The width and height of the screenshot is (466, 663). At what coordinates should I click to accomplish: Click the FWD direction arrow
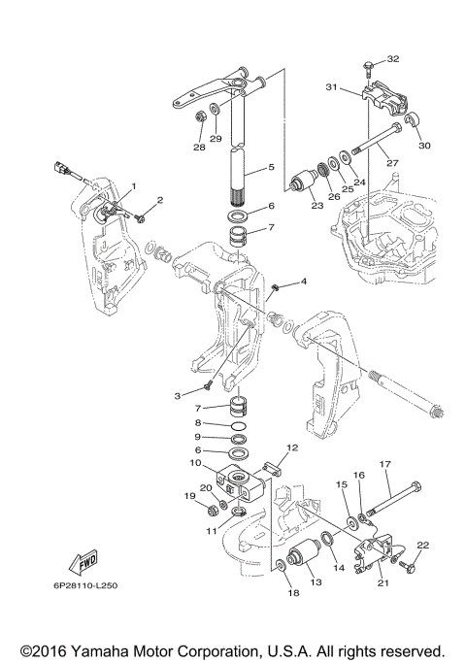(83, 562)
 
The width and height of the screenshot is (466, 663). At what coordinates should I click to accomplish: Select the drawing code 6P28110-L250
(85, 586)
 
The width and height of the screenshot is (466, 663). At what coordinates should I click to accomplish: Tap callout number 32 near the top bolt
(393, 59)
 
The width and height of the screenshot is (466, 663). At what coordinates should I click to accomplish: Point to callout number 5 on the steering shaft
(271, 167)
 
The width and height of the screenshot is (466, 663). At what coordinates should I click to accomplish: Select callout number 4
(304, 282)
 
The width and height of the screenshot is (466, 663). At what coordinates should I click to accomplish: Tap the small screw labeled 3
(208, 386)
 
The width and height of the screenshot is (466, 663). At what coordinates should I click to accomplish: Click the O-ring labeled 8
(240, 423)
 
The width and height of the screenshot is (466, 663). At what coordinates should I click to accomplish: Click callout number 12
(292, 448)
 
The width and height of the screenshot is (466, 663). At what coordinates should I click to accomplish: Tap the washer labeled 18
(280, 565)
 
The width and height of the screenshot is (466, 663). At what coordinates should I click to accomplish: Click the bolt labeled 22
(407, 564)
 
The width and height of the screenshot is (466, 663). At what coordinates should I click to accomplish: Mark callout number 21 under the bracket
(383, 582)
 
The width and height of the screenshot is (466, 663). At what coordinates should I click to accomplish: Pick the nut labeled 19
(214, 511)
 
